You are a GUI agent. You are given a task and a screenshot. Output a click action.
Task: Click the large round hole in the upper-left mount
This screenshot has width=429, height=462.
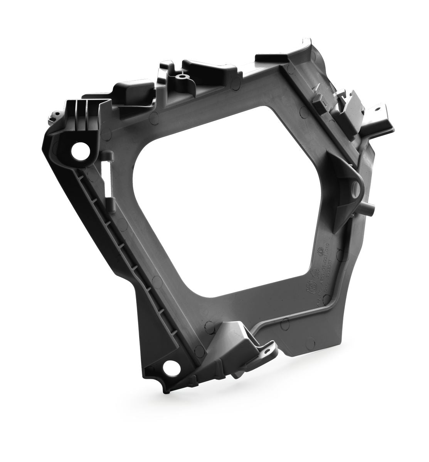(80, 150)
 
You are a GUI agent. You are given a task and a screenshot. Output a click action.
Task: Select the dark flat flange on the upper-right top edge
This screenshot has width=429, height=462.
(270, 61)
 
